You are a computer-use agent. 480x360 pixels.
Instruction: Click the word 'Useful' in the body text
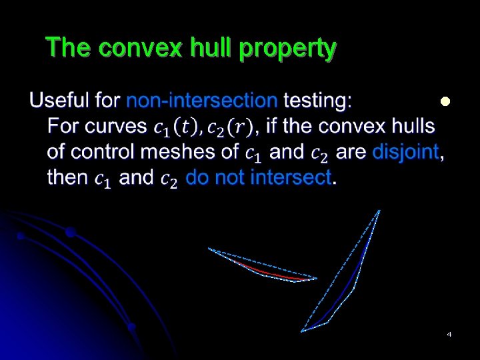[x=61, y=101]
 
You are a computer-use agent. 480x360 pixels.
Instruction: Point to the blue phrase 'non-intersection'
[x=202, y=101]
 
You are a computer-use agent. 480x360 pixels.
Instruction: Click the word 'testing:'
[x=318, y=101]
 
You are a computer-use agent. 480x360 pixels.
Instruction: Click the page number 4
[x=449, y=333]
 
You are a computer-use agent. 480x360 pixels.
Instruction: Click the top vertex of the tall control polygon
[x=379, y=211]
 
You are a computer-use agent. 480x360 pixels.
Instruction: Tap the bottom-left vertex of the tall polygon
[x=303, y=331]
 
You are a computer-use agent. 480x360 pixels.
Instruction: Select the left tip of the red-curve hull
[x=209, y=249]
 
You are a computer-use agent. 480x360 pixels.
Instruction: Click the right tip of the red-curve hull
[x=317, y=278]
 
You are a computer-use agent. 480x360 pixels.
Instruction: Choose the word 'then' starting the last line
[x=67, y=177]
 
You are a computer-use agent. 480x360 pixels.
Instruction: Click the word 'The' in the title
[x=65, y=49]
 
